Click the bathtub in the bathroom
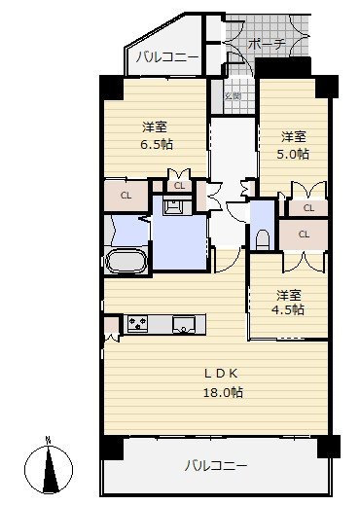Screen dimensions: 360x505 point(126,261)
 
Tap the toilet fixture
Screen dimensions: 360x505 point(263,240)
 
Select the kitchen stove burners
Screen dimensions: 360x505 point(137,324)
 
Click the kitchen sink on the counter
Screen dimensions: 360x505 point(184,325)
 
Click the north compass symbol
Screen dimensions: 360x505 point(49,469)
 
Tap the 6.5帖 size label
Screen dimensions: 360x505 point(157,144)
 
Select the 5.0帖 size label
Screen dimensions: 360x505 point(293,154)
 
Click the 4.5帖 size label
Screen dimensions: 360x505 point(288,310)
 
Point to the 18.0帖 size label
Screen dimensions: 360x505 point(223,393)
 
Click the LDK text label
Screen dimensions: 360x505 point(221,374)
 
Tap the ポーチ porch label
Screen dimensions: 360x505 point(267,44)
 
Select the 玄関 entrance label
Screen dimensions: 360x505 point(233,96)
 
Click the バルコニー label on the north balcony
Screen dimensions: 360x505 point(166,57)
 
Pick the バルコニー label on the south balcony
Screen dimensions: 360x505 point(216,466)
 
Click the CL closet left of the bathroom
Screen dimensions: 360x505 point(126,196)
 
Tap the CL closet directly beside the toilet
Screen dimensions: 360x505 point(304,234)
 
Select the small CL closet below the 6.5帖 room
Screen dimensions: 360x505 point(179,186)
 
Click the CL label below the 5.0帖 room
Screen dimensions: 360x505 point(308,208)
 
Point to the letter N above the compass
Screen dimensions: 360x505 point(49,441)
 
